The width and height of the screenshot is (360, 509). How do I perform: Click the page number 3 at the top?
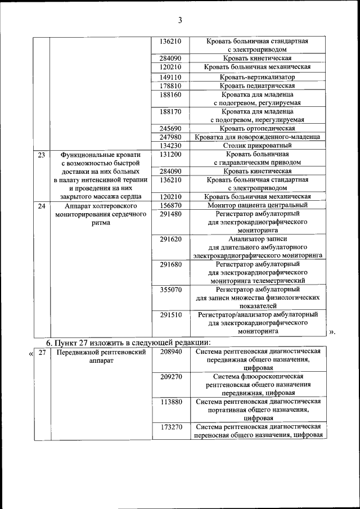180,21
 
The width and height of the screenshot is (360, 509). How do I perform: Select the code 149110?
170,76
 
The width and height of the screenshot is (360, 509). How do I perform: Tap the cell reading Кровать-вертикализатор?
258,76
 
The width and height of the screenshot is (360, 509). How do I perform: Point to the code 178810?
170,85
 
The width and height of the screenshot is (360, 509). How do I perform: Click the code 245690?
170,128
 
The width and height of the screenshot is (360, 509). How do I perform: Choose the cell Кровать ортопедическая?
258,128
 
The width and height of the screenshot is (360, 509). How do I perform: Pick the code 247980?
170,137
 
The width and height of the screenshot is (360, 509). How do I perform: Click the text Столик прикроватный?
258,145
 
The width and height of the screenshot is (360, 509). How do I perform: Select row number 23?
41,154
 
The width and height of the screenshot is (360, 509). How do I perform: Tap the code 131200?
170,154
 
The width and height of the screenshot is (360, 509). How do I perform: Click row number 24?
41,206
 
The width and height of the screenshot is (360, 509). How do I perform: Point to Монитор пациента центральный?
258,206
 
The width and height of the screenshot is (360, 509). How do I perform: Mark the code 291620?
170,239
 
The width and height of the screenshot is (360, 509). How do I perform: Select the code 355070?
170,290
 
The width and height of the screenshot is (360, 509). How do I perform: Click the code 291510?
170,315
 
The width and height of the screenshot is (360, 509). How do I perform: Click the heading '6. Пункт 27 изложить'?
128,342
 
